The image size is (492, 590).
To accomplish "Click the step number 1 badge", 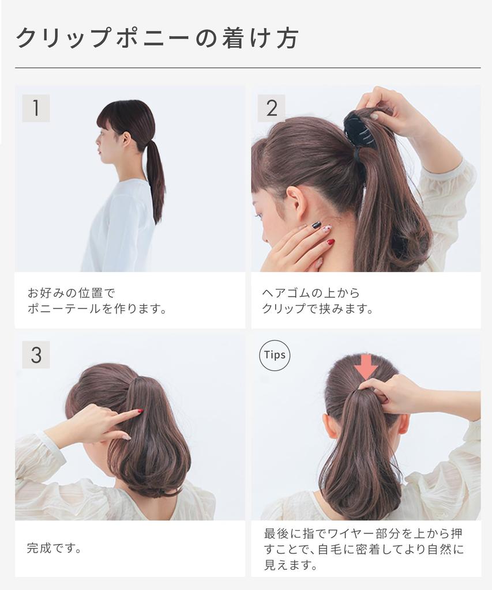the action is pyautogui.click(x=36, y=108).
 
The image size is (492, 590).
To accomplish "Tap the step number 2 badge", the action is pyautogui.click(x=271, y=108).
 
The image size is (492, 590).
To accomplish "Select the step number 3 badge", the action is pyautogui.click(x=36, y=355).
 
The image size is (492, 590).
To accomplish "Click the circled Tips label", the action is pyautogui.click(x=275, y=355).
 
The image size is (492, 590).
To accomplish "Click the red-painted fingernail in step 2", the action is pyautogui.click(x=330, y=243).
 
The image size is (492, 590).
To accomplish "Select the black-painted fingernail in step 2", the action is pyautogui.click(x=316, y=225).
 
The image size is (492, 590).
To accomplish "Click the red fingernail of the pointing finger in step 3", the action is pyautogui.click(x=140, y=411).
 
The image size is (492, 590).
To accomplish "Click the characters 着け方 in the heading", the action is pyautogui.click(x=260, y=39).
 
